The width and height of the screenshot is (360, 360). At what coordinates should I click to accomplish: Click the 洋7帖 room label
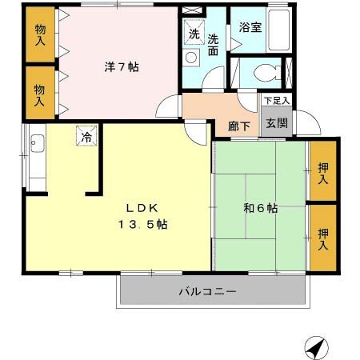click(x=121, y=68)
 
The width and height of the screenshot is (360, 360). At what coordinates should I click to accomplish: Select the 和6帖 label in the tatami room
click(x=261, y=208)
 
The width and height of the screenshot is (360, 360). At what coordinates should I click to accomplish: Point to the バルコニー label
click(x=206, y=292)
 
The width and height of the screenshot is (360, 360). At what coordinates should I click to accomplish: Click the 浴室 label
click(x=250, y=27)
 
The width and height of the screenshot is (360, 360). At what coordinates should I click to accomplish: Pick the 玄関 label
click(x=277, y=123)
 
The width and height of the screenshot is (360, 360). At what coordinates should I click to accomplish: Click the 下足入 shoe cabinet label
click(x=277, y=101)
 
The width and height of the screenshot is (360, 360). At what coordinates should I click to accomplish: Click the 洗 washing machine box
click(x=194, y=34)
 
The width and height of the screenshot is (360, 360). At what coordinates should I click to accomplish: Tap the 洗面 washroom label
click(x=214, y=43)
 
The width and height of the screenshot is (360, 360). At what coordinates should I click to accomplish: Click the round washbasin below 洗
click(x=192, y=58)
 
